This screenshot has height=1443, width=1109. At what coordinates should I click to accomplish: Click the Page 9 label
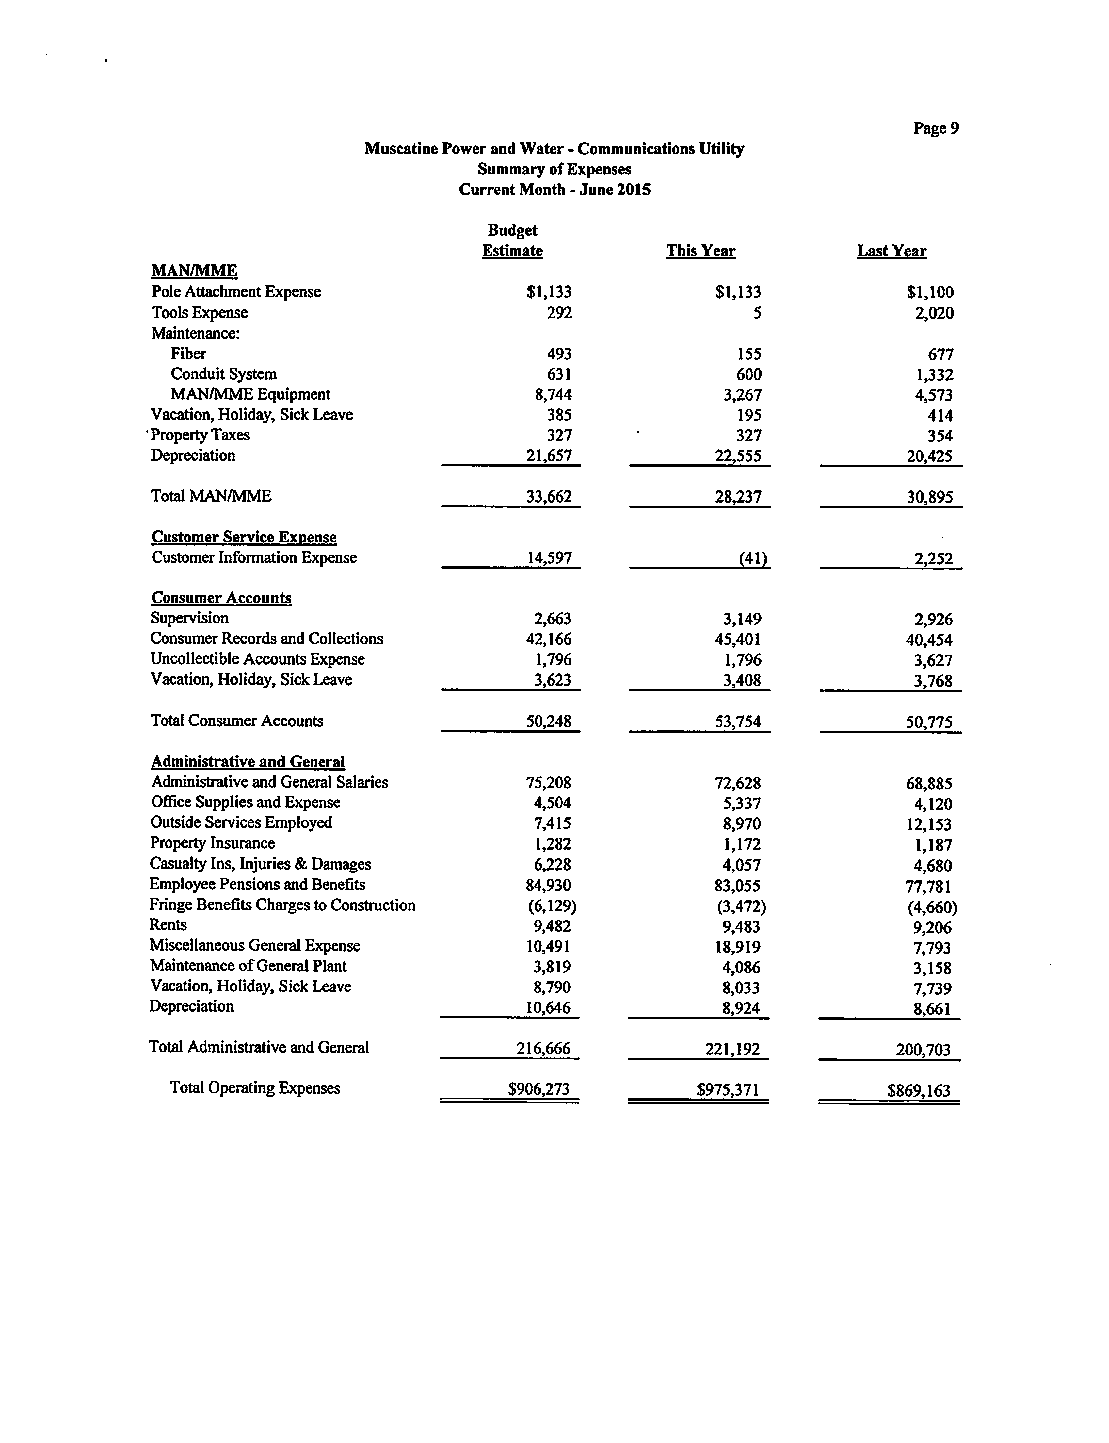pos(935,128)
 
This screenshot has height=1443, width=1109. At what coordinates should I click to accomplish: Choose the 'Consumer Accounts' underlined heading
pos(221,598)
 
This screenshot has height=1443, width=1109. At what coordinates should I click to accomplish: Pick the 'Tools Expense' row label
pos(199,312)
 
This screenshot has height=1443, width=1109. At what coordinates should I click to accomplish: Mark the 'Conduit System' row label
pos(224,374)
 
